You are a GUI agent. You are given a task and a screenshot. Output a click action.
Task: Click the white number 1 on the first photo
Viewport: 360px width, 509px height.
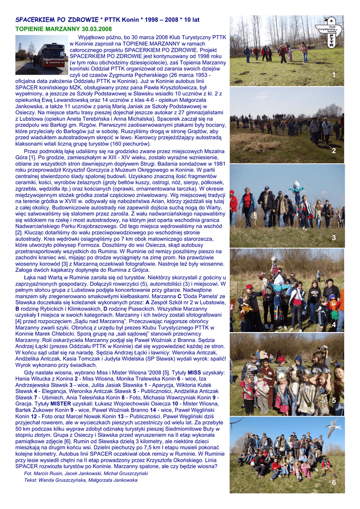tap(334, 75)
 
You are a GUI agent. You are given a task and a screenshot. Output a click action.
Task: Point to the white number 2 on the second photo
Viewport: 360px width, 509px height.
tap(334, 151)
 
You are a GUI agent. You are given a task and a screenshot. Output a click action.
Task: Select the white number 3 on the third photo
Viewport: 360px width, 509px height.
tap(334, 238)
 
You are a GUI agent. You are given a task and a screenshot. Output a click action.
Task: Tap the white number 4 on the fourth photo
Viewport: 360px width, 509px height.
tap(334, 325)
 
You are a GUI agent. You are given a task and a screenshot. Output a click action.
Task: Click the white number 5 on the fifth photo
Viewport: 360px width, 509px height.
tap(334, 400)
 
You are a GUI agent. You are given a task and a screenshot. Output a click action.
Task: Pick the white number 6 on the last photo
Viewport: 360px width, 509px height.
tap(334, 483)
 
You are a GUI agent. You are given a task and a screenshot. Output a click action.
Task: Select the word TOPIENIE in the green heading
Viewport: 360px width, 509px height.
tap(29, 29)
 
